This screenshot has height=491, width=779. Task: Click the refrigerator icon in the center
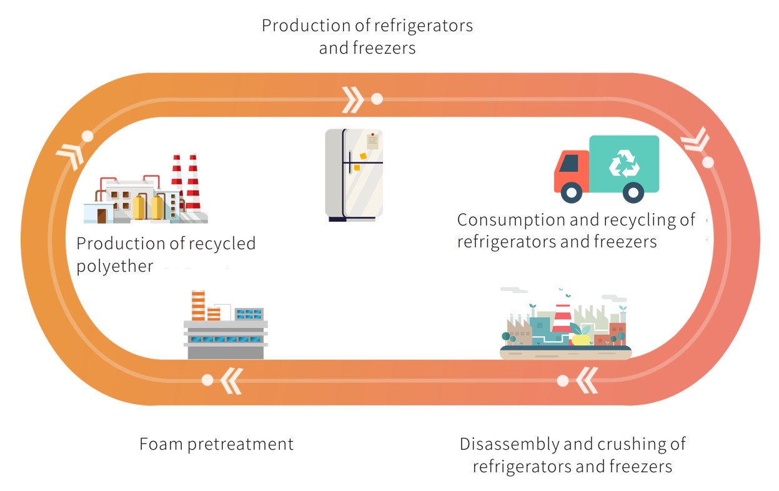tap(354, 174)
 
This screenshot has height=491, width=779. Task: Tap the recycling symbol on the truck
tap(624, 163)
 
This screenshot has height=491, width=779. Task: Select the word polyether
tap(114, 267)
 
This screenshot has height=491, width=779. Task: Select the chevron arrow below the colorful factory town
tap(586, 380)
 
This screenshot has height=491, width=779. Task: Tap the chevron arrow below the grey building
tap(230, 380)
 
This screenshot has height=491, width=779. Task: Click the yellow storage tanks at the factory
tap(147, 207)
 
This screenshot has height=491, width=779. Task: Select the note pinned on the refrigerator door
tap(372, 141)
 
